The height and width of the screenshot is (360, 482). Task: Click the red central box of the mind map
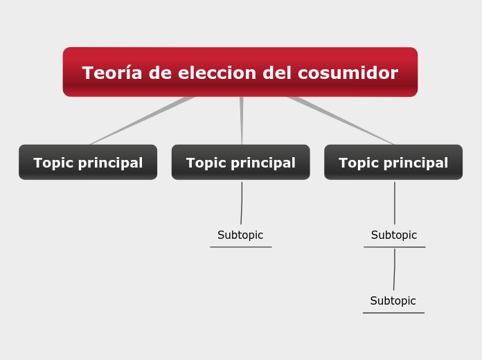pos(240,72)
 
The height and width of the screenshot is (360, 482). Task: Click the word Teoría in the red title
pos(112,73)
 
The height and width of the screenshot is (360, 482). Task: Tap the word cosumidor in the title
pos(348,73)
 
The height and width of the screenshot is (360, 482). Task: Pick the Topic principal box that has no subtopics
pos(88,162)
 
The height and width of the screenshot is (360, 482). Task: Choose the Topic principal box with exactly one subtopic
pos(241,162)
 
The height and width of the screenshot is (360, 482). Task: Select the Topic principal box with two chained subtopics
pos(393,162)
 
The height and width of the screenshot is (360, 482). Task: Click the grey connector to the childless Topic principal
pos(142,120)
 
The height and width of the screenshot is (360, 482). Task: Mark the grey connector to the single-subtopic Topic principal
pos(242,120)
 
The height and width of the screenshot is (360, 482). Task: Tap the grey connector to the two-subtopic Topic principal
pos(341,120)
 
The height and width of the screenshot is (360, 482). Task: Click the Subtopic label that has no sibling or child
pos(240,235)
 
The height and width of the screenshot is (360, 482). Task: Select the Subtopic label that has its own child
pos(394,235)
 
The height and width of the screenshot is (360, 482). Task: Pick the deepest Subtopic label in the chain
pos(393,300)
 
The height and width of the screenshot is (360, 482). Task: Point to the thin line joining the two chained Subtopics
pos(394,269)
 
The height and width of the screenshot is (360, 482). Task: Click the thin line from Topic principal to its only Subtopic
pos(242,203)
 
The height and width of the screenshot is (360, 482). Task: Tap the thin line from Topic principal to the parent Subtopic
pos(395,203)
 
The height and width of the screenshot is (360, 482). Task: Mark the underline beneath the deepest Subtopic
pos(393,313)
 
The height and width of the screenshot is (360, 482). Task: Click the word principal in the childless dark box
pos(110,163)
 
